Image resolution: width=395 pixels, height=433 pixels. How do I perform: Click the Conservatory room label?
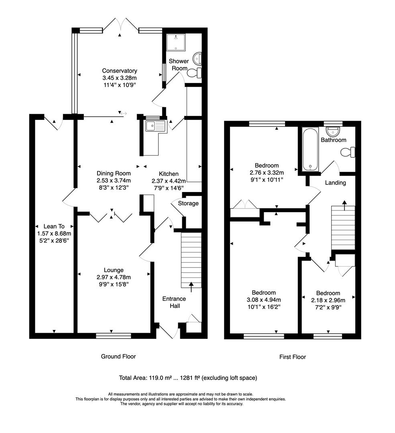click(x=119, y=71)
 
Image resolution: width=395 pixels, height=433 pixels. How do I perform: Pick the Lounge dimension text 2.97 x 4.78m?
click(x=113, y=277)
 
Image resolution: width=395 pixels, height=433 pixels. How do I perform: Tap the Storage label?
click(x=188, y=203)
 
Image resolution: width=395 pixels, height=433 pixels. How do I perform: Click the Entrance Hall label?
click(x=174, y=302)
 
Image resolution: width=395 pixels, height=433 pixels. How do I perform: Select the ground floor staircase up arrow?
click(x=191, y=286)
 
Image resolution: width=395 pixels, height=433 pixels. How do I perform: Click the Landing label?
click(x=336, y=182)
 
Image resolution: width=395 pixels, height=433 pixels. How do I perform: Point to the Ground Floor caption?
click(x=118, y=356)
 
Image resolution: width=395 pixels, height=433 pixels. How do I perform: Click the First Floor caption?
click(x=292, y=356)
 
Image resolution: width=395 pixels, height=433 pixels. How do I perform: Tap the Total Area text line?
click(x=188, y=378)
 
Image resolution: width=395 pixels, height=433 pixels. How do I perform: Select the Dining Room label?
click(x=114, y=173)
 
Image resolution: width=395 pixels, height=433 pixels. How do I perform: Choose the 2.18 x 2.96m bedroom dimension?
click(x=328, y=300)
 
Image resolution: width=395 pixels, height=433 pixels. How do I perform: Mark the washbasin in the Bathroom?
click(x=333, y=131)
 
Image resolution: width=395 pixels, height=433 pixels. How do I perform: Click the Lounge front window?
click(x=113, y=336)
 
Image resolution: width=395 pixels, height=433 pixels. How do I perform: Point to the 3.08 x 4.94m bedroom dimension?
click(x=264, y=299)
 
